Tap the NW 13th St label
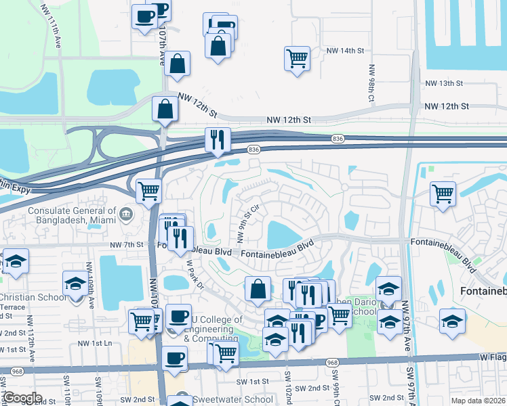point(443,83)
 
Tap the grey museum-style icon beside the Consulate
point(125,215)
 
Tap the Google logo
point(22,398)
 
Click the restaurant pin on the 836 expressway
point(218,139)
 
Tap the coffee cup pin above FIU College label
point(178,316)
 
